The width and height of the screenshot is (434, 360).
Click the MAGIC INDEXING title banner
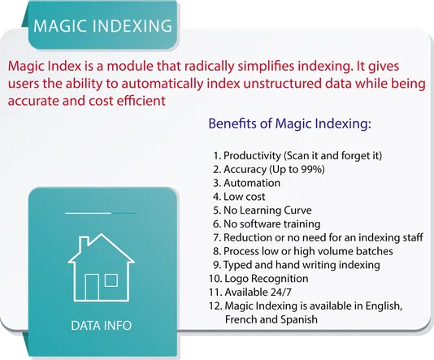(102, 25)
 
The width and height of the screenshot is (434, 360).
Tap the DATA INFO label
(102, 325)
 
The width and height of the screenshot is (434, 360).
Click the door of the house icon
(92, 287)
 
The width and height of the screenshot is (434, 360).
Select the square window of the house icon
(111, 280)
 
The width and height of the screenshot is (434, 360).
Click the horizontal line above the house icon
(102, 213)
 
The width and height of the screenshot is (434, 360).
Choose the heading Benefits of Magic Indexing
(289, 124)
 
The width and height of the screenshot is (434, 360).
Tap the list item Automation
(246, 183)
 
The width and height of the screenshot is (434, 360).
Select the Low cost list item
(239, 197)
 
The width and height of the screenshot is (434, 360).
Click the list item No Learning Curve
(263, 210)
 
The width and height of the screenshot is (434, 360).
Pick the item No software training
(267, 223)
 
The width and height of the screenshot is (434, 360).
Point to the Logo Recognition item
(258, 279)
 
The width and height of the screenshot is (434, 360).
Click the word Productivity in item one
(252, 155)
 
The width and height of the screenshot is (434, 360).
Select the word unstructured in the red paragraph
(282, 83)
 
